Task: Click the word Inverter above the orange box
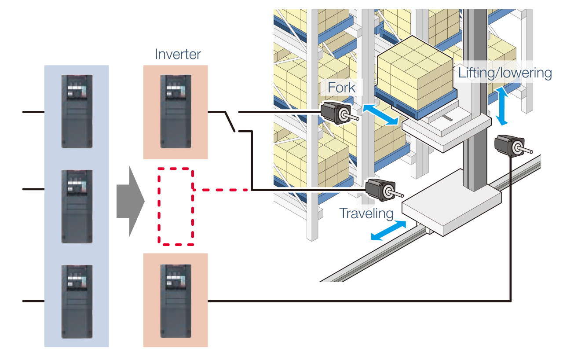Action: pyautogui.click(x=178, y=54)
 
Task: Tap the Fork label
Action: pyautogui.click(x=342, y=87)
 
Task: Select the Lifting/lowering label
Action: pyautogui.click(x=505, y=73)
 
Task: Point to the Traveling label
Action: pyautogui.click(x=366, y=213)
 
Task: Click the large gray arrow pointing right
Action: pyautogui.click(x=130, y=201)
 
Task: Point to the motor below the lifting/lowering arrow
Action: pyautogui.click(x=509, y=145)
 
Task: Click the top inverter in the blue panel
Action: pyautogui.click(x=77, y=111)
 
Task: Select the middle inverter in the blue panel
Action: pyautogui.click(x=77, y=206)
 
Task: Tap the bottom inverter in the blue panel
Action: pyautogui.click(x=77, y=301)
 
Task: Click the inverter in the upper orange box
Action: pyautogui.click(x=175, y=111)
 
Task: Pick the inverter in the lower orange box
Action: pyautogui.click(x=175, y=301)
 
